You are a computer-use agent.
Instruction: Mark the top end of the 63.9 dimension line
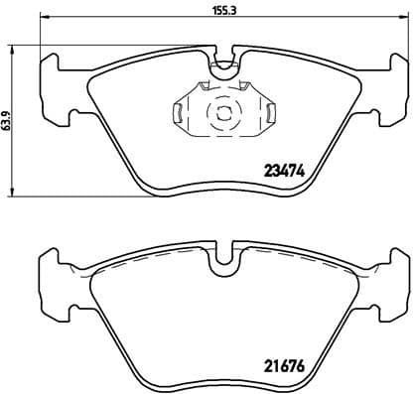[12, 46]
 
